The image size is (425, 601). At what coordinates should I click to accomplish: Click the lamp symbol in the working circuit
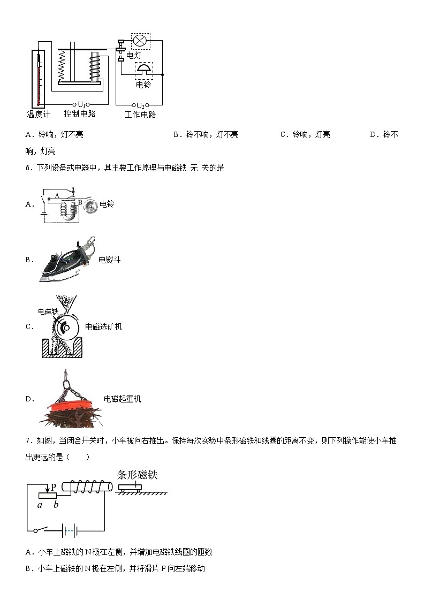[141, 41]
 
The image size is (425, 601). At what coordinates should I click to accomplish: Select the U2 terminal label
[140, 105]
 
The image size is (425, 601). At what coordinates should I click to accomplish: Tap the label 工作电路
[140, 115]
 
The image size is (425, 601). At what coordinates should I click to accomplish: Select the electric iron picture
[67, 260]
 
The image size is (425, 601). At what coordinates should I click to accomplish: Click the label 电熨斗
[110, 260]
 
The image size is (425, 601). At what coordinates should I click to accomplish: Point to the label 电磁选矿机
[104, 326]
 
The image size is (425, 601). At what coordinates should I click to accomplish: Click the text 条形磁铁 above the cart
[137, 475]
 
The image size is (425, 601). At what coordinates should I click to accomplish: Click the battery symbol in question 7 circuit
[70, 531]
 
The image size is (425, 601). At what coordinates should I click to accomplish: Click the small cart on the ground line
[131, 487]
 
